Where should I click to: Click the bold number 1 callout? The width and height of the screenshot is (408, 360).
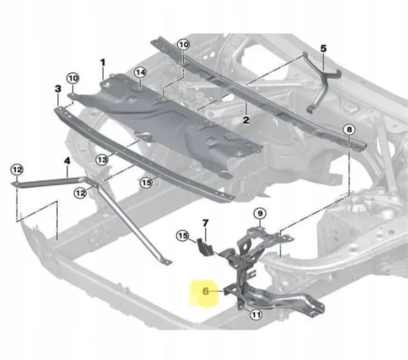coord(103,63)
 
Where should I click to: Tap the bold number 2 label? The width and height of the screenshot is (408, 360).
coord(246,120)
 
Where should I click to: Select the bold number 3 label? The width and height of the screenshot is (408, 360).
coord(58,89)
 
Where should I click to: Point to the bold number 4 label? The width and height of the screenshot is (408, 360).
coord(67,161)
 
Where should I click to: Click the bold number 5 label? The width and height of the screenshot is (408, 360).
coord(323,48)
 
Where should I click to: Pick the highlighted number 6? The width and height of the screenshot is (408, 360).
coord(206,291)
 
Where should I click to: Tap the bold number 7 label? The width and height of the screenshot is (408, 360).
coord(205,223)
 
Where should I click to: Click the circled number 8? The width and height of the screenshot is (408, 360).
coord(349,129)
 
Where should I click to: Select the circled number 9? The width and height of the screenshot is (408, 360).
coord(260,214)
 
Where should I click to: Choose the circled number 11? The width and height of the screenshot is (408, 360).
coord(256,315)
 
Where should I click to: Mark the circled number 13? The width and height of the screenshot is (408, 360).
coord(102,159)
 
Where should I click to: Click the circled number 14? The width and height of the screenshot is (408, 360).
coord(140,72)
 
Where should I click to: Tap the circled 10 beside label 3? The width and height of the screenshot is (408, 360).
coord(73,78)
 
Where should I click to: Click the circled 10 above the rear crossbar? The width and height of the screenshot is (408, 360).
coord(184,45)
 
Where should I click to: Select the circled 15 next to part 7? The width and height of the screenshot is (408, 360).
coord(183,235)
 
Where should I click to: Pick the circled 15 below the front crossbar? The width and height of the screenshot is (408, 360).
coord(146,183)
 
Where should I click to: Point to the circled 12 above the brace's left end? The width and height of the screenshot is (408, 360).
coord(17,170)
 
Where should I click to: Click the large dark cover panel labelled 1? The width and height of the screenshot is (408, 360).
coord(166,122)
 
